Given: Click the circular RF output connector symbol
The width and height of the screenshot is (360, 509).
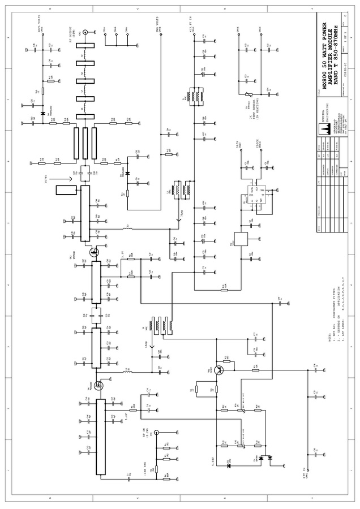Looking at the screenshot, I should pos(85,33).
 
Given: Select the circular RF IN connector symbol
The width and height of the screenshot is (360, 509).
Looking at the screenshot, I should pos(156,432).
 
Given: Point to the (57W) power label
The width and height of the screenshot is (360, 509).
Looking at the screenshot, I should pos(59,180).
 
